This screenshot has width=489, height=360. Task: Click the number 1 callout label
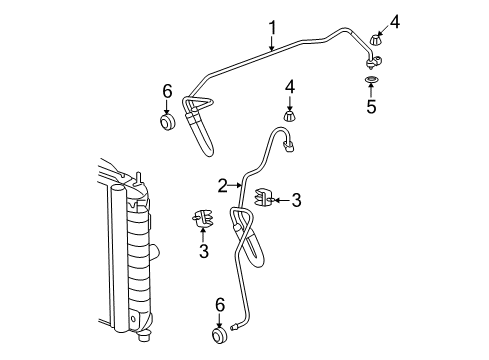(x=271, y=27)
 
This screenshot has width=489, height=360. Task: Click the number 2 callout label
(x=222, y=184)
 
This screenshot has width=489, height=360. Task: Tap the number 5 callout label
(x=371, y=106)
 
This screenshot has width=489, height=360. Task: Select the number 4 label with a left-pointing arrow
(x=395, y=21)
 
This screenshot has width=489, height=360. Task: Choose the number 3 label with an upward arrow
(x=203, y=250)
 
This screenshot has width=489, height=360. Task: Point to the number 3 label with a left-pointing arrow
(x=296, y=200)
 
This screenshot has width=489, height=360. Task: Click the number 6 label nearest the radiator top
(x=168, y=92)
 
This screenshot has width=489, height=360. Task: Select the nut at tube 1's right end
(x=375, y=41)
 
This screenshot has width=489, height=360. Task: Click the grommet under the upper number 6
(x=168, y=124)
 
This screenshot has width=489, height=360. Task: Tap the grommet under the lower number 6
(x=219, y=333)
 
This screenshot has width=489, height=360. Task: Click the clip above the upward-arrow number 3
(x=202, y=216)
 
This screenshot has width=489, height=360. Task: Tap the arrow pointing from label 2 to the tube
(x=238, y=184)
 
